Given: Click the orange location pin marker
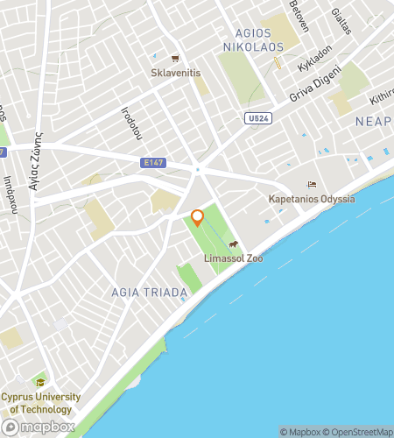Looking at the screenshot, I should tap(197, 217).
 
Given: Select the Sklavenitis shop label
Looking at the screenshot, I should tap(177, 73).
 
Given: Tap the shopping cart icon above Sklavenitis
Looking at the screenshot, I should tap(176, 59).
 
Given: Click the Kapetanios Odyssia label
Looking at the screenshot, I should tap(312, 199).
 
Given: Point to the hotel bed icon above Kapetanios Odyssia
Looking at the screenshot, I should tap(312, 185).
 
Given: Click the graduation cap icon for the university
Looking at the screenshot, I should tap(39, 383).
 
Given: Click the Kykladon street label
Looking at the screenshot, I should tap(316, 60).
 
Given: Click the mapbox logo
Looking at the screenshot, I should tap(36, 426).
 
